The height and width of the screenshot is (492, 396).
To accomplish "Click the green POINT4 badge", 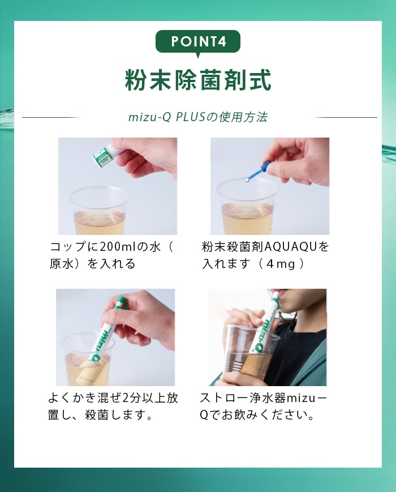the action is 198,42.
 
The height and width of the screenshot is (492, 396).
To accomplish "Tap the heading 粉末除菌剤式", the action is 198,80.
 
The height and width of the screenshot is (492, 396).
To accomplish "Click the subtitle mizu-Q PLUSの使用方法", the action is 198,117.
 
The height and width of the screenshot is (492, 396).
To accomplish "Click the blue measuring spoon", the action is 258,171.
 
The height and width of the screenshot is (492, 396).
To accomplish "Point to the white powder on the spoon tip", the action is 247,180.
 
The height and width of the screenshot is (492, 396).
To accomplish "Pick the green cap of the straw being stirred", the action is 120,302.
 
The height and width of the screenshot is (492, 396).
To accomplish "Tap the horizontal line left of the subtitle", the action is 50,118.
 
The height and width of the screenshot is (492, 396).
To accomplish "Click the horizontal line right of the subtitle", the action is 346,118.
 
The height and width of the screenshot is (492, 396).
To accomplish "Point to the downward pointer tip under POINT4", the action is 198,58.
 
